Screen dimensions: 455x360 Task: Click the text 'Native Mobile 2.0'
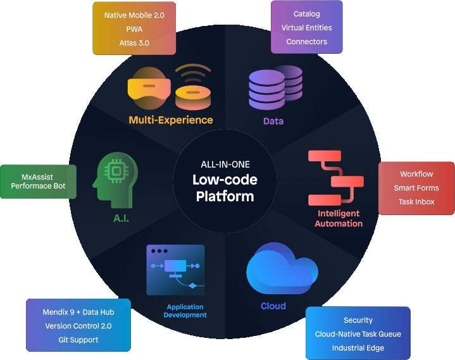point(134,15)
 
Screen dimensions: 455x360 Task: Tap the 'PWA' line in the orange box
point(134,29)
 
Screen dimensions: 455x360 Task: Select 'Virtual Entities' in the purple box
point(307,28)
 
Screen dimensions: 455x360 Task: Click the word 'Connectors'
point(307,42)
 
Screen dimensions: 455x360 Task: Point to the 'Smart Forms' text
point(416,188)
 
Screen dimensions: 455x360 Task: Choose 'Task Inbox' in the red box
point(416,202)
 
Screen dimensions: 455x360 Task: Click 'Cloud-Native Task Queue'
point(358,334)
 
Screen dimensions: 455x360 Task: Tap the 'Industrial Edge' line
point(358,348)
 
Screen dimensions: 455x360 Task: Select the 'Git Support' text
point(78,340)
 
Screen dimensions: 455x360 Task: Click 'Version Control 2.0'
point(78,326)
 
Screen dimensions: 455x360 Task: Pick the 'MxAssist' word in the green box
point(37,177)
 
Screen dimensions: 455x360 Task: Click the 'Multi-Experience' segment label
point(171,120)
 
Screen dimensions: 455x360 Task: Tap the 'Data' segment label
point(273,121)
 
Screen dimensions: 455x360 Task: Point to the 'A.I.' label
point(121,218)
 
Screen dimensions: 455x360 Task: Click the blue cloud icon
point(282,268)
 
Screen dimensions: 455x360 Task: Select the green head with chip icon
point(116,180)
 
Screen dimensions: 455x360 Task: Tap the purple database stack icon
point(275,87)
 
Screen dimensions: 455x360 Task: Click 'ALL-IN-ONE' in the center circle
point(225,164)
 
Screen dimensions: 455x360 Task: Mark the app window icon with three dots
point(176,270)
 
